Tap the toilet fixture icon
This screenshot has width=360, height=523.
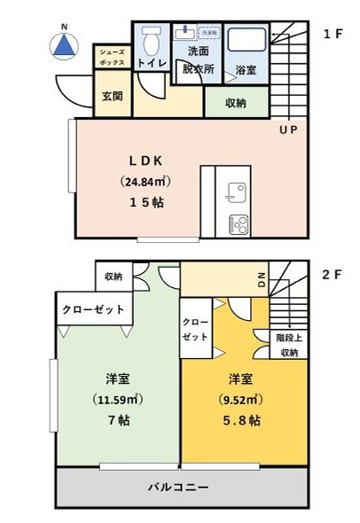[151, 40]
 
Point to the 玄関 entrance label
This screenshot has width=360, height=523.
[112, 95]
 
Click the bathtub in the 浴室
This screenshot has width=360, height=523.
[242, 40]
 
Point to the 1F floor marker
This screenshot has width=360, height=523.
[333, 35]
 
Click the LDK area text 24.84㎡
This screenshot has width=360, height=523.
[145, 181]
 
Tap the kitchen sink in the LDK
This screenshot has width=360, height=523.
[237, 190]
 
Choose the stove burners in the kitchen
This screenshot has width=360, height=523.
[238, 222]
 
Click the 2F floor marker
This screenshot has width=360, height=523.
[333, 275]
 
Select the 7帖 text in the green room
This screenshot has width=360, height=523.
[119, 419]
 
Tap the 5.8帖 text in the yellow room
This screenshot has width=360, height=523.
[242, 419]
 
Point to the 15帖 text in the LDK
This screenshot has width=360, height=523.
[145, 202]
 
